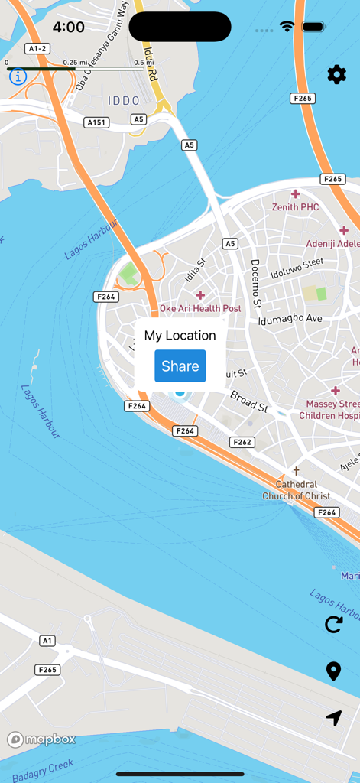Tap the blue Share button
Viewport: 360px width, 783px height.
click(x=180, y=366)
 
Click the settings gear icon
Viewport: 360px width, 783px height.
click(x=336, y=74)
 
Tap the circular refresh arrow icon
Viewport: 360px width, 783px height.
click(x=334, y=624)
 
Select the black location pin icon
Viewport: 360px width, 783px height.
click(x=333, y=671)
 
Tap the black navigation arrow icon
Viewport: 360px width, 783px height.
click(x=333, y=718)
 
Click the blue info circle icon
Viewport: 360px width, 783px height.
click(x=18, y=76)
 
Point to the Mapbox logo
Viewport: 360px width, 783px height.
click(x=42, y=739)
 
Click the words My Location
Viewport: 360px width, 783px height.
click(x=180, y=335)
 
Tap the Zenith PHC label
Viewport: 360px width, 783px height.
click(x=295, y=206)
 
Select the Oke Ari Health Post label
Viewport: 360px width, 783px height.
click(x=200, y=308)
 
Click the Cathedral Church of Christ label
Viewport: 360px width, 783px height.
click(x=297, y=490)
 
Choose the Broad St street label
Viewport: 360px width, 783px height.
click(x=248, y=401)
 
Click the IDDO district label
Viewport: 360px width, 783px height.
click(x=124, y=100)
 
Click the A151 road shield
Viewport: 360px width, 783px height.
click(x=97, y=122)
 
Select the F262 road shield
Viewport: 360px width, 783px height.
click(x=242, y=442)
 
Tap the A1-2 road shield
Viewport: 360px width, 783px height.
click(x=37, y=48)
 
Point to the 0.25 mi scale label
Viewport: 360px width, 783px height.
click(x=75, y=63)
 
